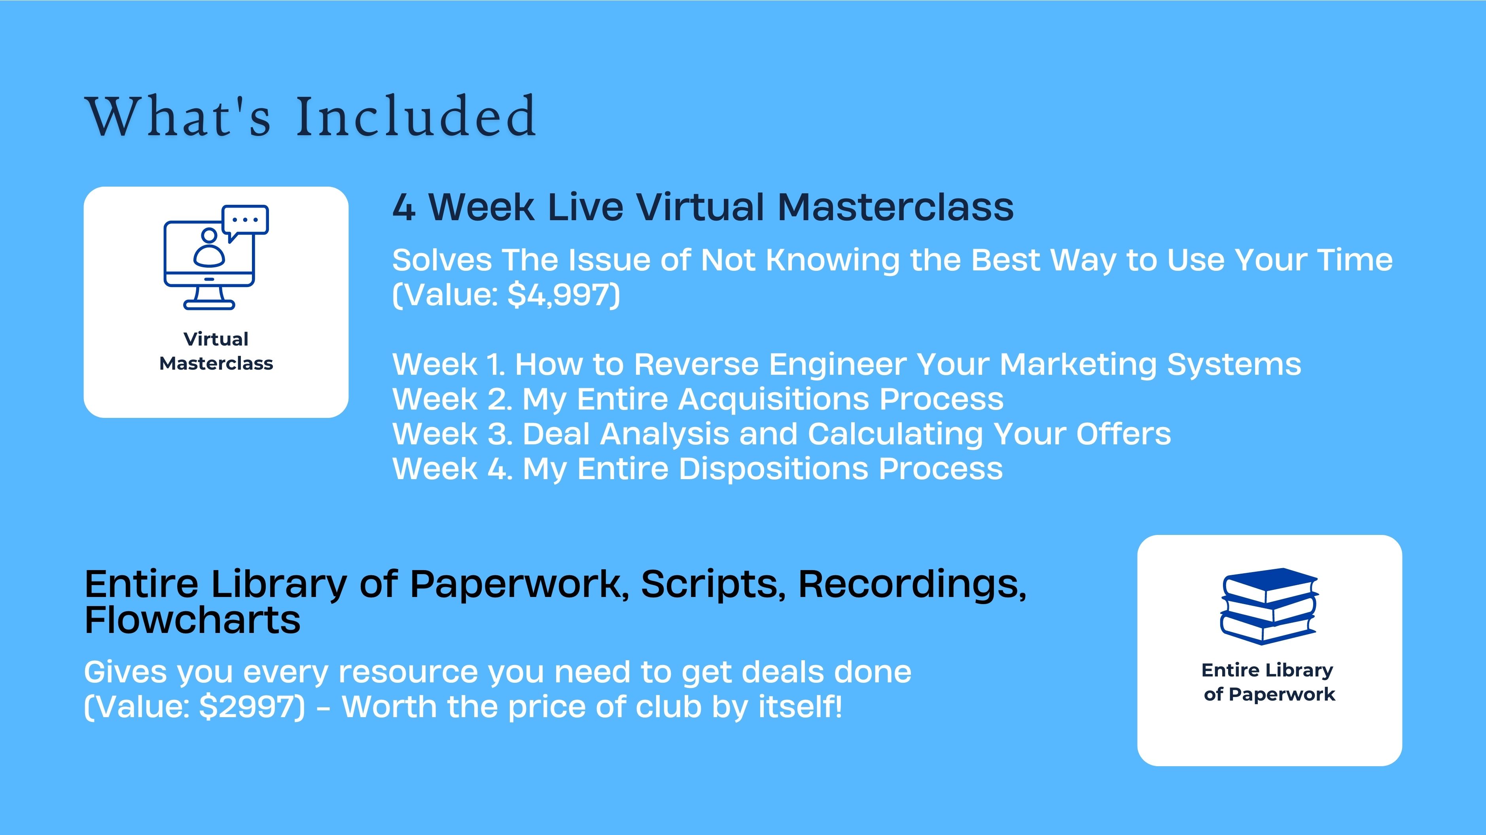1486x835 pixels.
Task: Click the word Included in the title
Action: click(416, 117)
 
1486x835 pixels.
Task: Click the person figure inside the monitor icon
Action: click(209, 247)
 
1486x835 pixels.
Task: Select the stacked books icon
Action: click(1269, 606)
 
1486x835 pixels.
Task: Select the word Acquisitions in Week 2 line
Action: click(774, 400)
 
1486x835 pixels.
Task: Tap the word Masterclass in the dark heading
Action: click(895, 207)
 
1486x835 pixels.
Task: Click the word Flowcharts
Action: click(193, 620)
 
